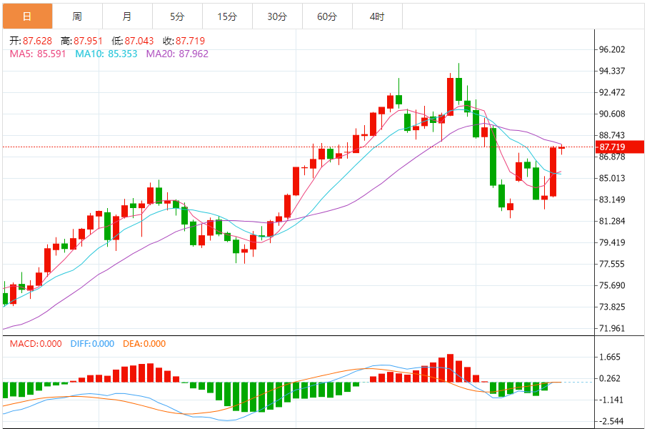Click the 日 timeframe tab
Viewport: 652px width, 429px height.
click(27, 16)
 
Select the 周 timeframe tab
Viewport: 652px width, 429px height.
click(77, 16)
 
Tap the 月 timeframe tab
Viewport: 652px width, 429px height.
click(127, 16)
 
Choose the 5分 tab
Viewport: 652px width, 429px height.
click(177, 16)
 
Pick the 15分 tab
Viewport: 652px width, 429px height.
click(227, 16)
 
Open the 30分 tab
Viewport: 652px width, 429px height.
click(277, 16)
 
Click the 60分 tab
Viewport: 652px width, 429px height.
click(327, 16)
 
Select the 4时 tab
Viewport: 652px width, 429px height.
click(377, 16)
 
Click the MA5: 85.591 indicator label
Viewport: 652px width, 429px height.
click(38, 54)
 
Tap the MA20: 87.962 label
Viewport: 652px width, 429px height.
click(177, 54)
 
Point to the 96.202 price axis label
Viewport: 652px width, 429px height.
click(613, 49)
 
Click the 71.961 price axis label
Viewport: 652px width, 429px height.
click(613, 329)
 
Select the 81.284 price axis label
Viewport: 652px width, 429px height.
click(613, 221)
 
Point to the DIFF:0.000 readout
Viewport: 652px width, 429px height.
click(92, 344)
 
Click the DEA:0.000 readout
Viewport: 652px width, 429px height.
click(144, 344)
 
